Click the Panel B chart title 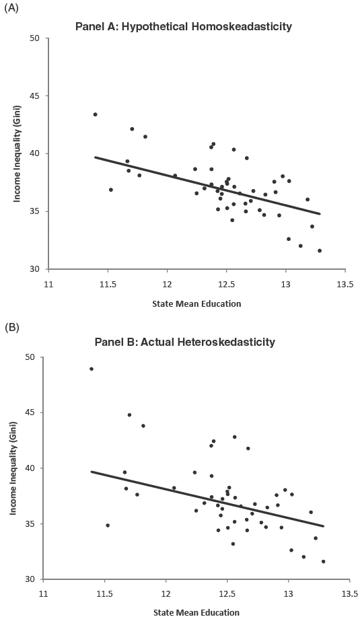(186, 342)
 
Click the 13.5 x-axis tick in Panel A (345, 284)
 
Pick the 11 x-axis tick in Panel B (42, 593)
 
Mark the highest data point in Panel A (95, 114)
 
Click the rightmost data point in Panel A (320, 250)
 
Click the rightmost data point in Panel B (323, 561)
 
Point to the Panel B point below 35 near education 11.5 (108, 525)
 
